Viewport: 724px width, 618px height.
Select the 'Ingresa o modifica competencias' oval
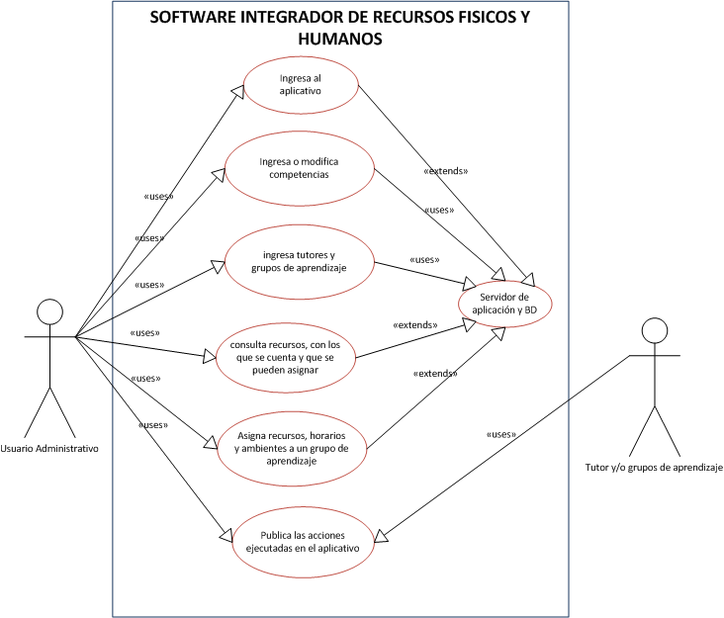pos(301,167)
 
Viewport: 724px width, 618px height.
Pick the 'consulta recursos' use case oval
pos(286,356)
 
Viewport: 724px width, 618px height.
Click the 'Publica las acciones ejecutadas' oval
pos(296,541)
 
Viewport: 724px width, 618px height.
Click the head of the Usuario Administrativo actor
pos(48,311)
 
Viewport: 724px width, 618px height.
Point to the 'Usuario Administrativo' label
pos(50,448)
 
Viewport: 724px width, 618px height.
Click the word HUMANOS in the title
pos(340,40)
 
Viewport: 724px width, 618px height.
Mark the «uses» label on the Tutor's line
pos(500,434)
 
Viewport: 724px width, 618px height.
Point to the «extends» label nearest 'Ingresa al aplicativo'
pos(445,170)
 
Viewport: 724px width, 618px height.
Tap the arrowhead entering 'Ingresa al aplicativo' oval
pos(238,90)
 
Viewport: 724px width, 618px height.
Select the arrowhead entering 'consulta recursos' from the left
pos(209,355)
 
